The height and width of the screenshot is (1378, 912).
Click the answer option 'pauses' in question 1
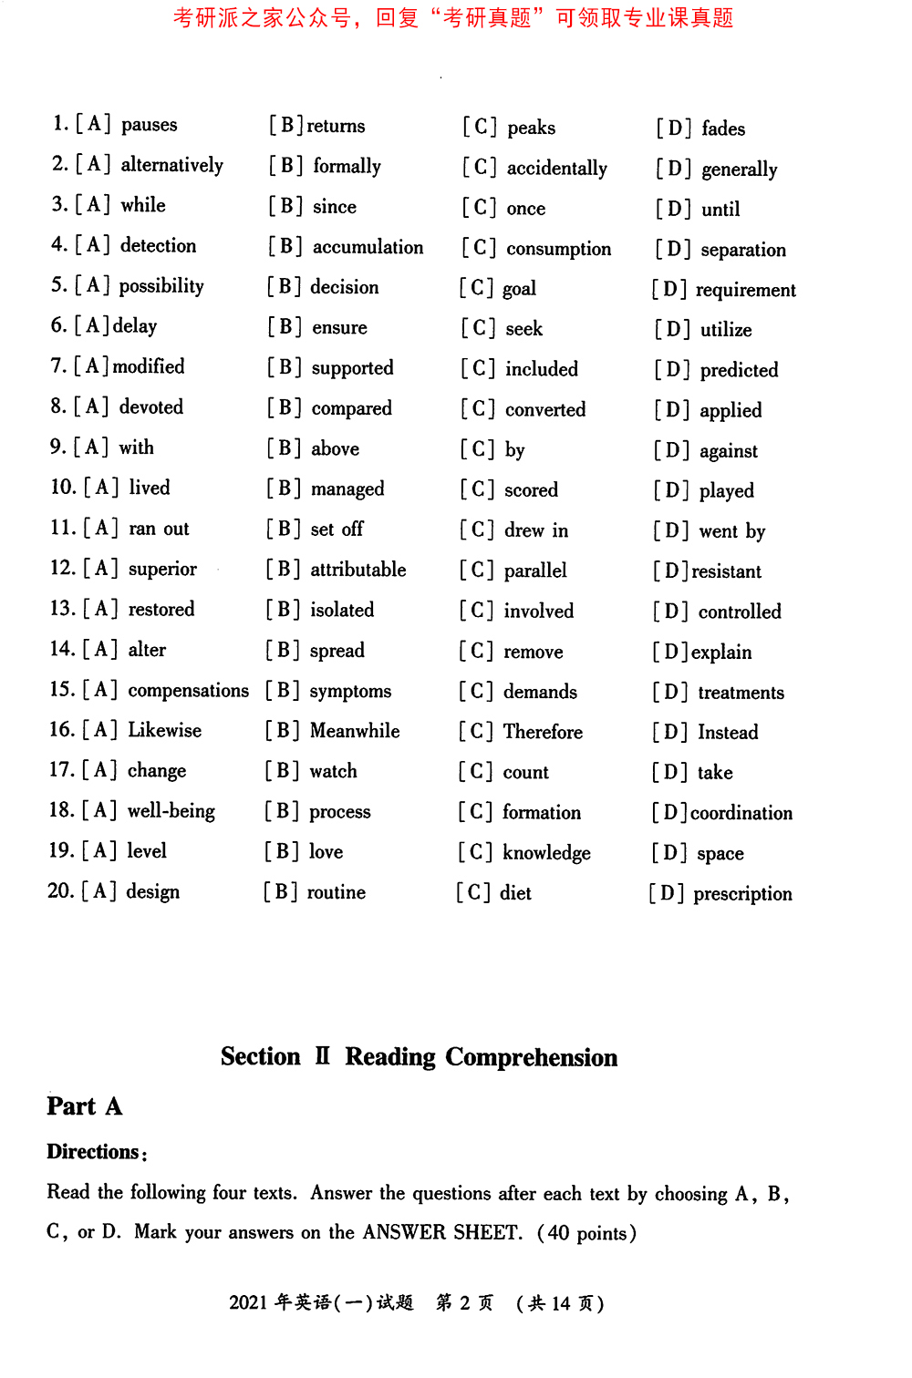(149, 125)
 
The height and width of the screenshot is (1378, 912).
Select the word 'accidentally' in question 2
(556, 169)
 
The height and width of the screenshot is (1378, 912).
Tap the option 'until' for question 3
(720, 210)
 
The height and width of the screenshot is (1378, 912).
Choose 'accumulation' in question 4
(368, 247)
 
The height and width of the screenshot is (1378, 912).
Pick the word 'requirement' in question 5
(745, 290)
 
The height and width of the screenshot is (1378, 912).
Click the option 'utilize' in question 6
(726, 330)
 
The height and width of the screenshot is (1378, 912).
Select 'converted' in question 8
(545, 410)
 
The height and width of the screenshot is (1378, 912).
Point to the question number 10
(63, 488)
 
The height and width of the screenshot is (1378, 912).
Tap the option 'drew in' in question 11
(536, 530)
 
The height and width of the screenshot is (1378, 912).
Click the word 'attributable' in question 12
(358, 570)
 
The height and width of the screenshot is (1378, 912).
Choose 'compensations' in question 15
(188, 691)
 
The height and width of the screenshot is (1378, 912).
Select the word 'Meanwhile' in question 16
(355, 731)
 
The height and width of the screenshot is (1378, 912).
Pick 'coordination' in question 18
(741, 813)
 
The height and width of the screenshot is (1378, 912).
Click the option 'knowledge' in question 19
(546, 853)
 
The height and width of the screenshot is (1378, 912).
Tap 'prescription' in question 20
(742, 894)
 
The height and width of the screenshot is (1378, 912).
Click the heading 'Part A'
(84, 1106)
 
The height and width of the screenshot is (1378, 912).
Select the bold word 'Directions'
(93, 1152)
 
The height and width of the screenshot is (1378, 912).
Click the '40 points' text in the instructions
(588, 1233)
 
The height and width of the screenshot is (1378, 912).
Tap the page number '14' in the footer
(561, 1303)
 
